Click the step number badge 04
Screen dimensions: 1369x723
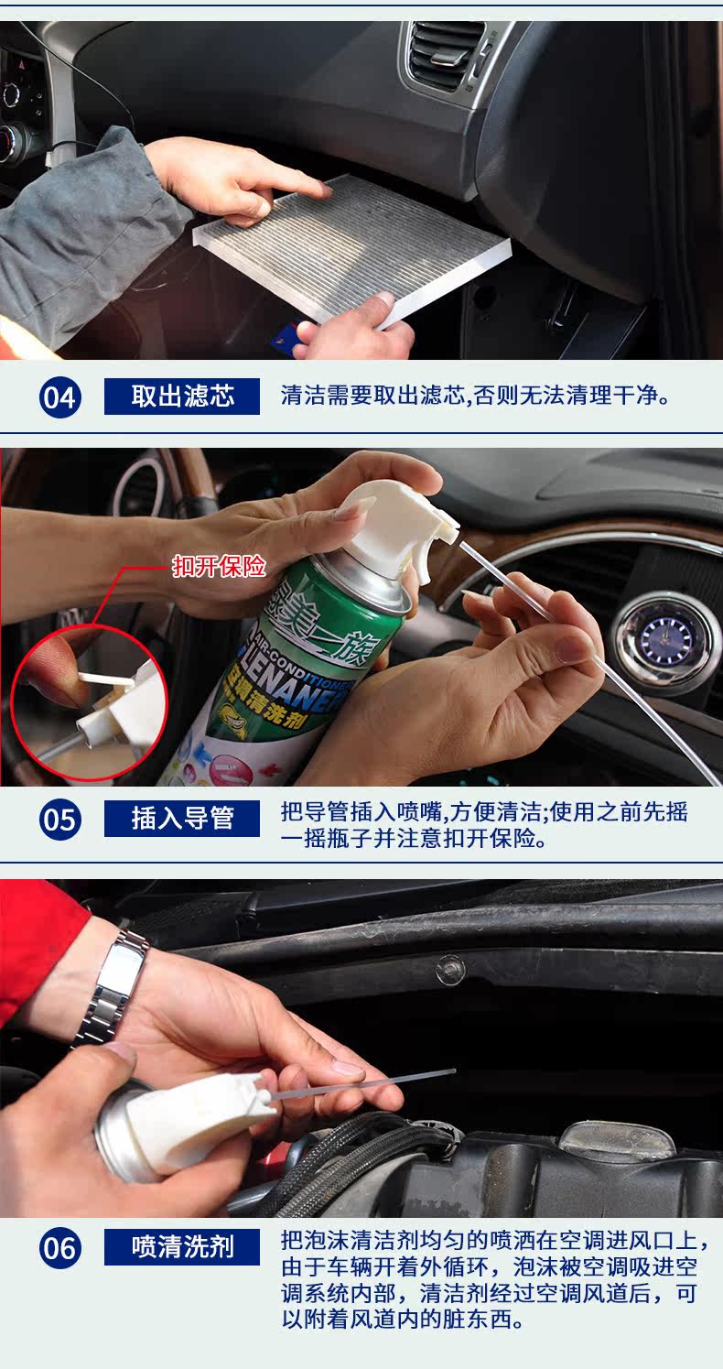(60, 397)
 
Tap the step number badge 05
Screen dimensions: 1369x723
(60, 819)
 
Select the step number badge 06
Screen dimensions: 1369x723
(60, 1248)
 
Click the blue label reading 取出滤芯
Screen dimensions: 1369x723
(182, 397)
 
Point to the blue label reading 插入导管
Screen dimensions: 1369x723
(182, 818)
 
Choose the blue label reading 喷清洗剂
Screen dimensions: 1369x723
(182, 1246)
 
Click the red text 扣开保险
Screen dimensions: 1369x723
(220, 566)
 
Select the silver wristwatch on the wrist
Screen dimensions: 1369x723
(113, 988)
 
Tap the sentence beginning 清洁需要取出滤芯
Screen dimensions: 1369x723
(476, 397)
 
